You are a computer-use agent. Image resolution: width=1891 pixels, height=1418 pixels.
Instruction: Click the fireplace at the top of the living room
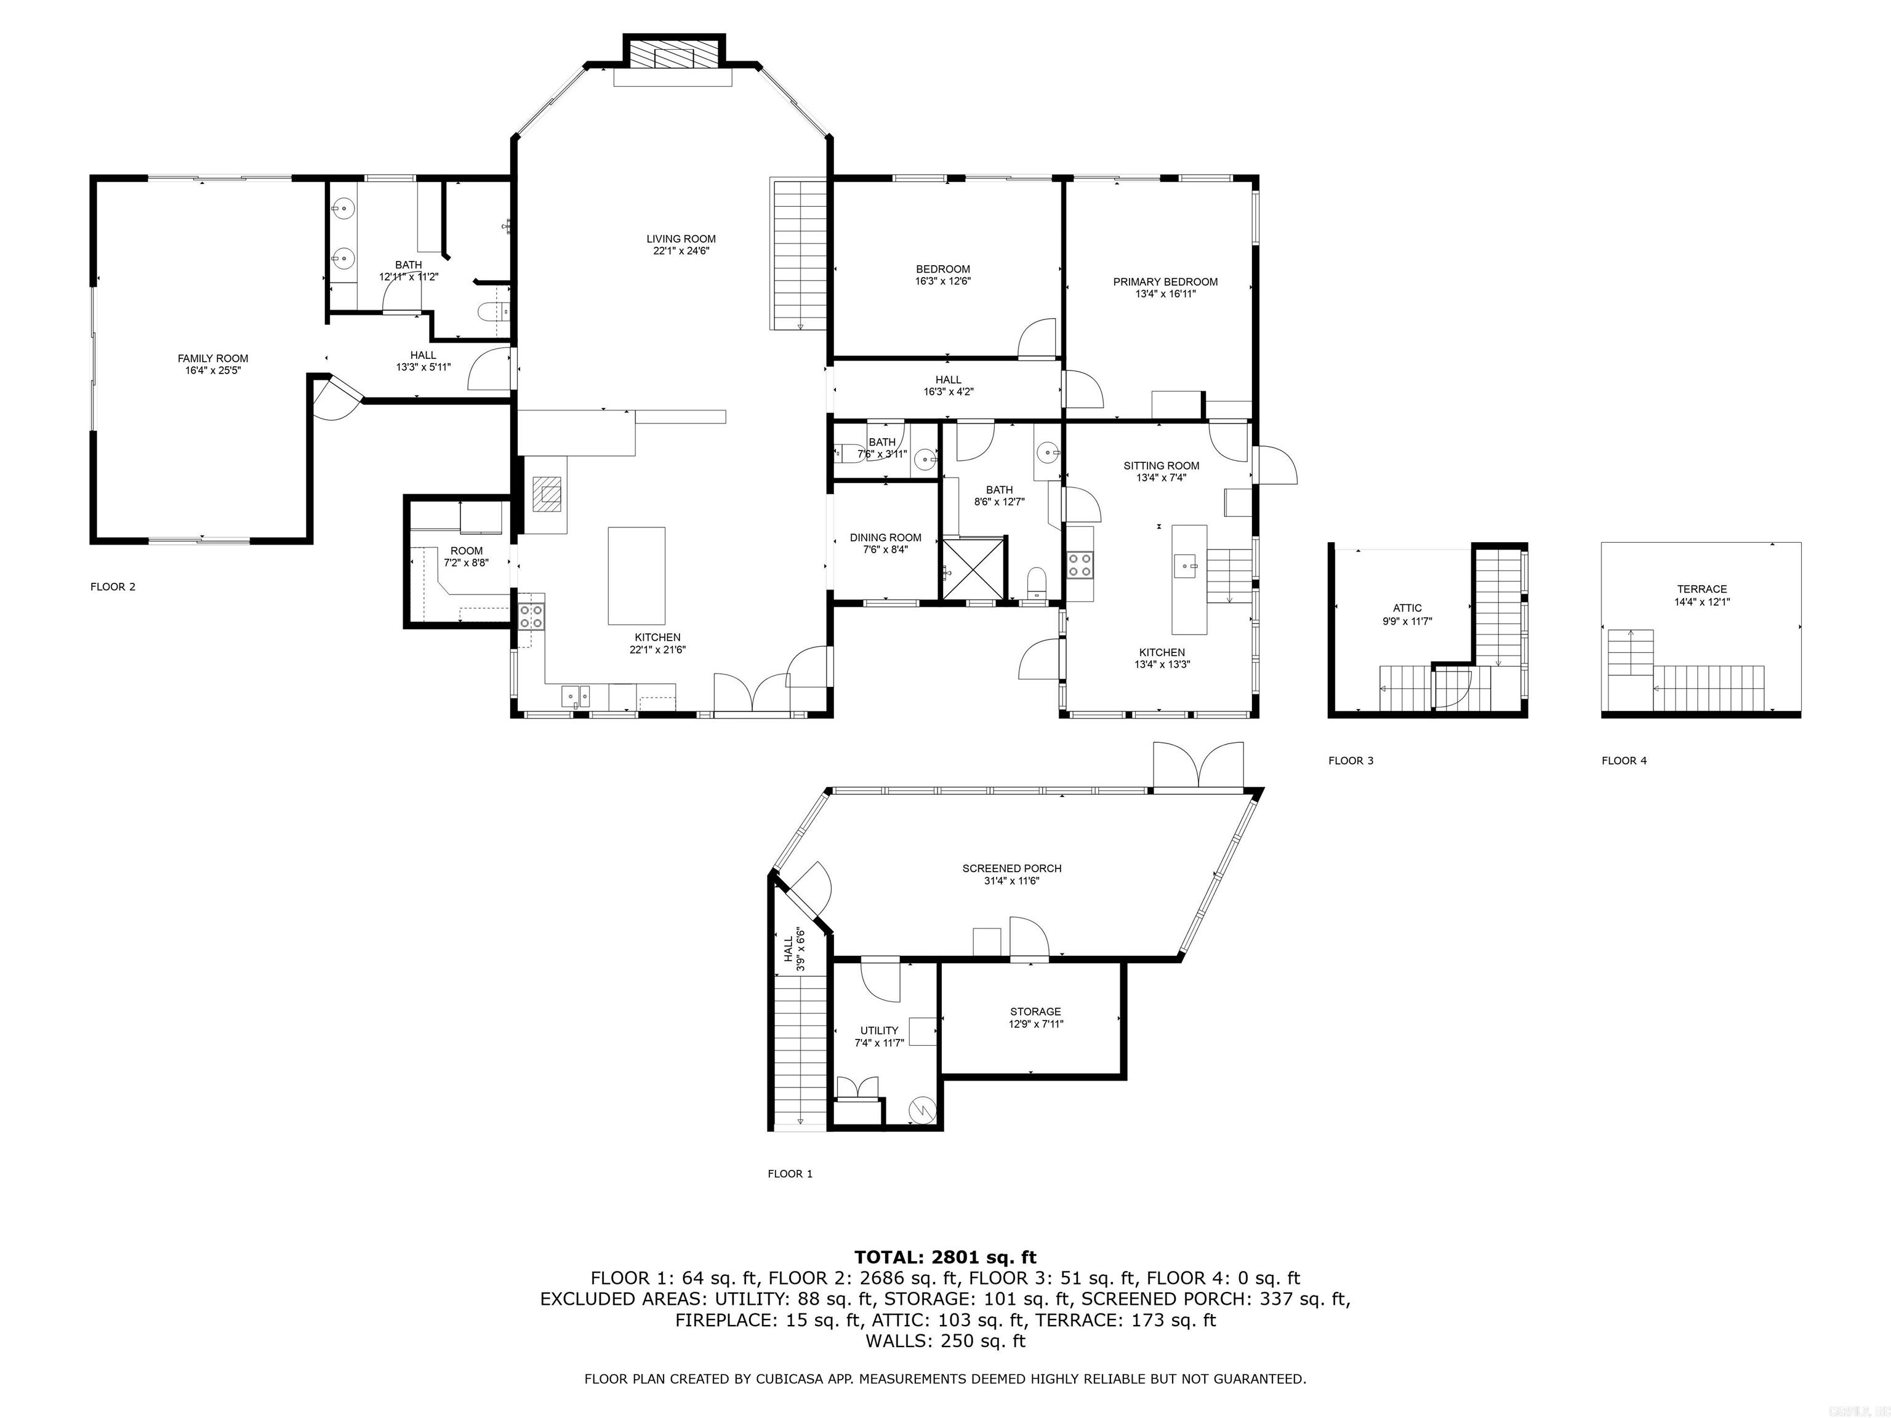[x=673, y=57]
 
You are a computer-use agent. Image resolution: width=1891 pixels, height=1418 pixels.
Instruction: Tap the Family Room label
[x=213, y=359]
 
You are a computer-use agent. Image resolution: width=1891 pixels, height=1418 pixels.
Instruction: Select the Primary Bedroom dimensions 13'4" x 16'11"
[x=1165, y=294]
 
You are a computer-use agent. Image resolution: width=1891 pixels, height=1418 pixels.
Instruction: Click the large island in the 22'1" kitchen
[x=636, y=575]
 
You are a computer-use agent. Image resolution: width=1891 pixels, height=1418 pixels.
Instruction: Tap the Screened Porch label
[x=1011, y=868]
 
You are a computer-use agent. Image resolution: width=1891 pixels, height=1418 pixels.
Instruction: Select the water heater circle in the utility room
[x=923, y=1110]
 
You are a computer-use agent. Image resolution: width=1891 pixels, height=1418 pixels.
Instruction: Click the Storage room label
[x=1034, y=1012]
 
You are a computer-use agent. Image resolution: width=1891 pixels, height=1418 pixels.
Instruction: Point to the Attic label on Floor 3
[x=1407, y=609]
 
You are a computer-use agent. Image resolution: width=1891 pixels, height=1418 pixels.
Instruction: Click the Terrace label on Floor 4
[x=1701, y=589]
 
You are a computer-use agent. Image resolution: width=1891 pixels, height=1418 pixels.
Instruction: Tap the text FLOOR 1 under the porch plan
[x=789, y=1174]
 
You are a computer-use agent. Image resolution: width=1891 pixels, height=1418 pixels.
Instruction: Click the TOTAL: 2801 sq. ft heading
[x=945, y=1257]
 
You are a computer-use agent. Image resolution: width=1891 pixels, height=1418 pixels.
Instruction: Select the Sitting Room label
[x=1161, y=466]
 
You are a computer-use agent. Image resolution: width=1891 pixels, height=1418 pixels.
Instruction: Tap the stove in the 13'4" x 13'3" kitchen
[x=1080, y=564]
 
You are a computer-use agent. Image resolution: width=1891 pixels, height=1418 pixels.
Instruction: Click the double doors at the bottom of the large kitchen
[x=752, y=692]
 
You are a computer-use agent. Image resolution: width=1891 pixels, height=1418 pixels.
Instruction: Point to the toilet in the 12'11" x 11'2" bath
[x=492, y=312]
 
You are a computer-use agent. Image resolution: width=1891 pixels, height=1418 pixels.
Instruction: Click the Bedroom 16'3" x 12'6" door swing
[x=1038, y=338]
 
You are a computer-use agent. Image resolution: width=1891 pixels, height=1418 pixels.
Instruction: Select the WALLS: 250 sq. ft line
[x=945, y=1340]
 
